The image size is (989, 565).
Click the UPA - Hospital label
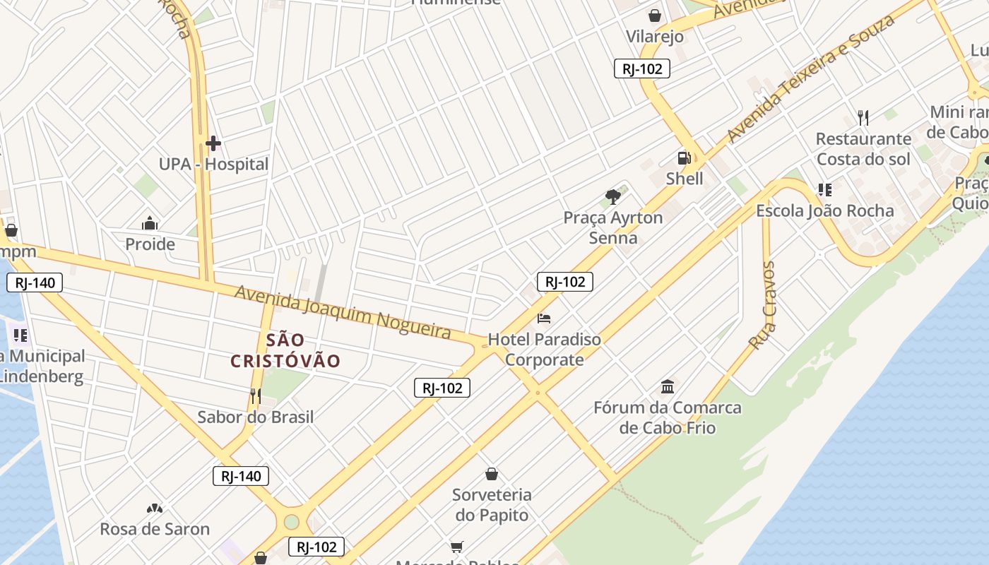coord(213,165)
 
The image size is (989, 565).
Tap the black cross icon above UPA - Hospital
coord(213,144)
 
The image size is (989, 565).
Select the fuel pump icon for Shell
coord(684,158)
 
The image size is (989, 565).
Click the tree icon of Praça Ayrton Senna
coord(613,196)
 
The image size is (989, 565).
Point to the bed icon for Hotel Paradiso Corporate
coord(544,319)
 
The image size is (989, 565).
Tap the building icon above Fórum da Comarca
coord(668,386)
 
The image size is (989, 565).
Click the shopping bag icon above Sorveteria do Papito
coord(492,474)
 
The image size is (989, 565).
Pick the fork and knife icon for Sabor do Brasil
coord(256,396)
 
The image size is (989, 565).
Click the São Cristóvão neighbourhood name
coord(285,350)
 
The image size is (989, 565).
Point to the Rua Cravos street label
coord(763,305)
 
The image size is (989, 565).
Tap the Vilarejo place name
coord(655,37)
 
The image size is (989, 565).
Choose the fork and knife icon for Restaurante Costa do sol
coord(863,117)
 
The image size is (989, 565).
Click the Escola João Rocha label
coord(824,210)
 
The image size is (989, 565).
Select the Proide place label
coord(150,244)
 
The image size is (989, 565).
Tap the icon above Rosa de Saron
coord(155,509)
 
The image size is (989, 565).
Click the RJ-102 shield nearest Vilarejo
coord(641,69)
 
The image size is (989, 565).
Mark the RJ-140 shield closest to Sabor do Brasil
coord(241,476)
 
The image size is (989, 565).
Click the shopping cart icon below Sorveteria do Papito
coord(457,547)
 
